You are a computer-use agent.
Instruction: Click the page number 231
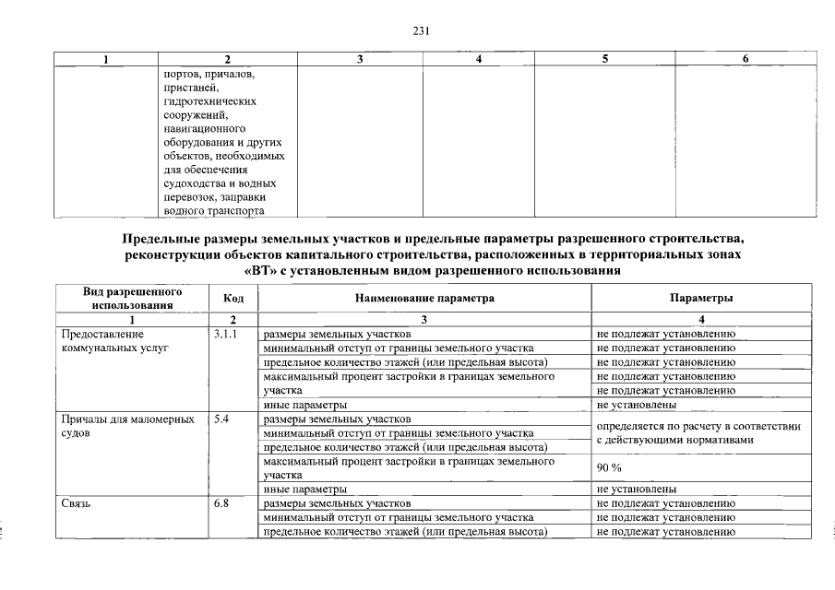[x=421, y=29]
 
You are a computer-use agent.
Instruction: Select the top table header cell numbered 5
[x=604, y=59]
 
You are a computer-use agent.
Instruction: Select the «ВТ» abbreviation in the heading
[x=262, y=270]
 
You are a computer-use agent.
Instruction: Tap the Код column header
[x=233, y=298]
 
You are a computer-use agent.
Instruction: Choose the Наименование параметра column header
[x=423, y=298]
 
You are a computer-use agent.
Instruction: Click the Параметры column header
[x=701, y=298]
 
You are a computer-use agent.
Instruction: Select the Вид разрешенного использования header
[x=132, y=298]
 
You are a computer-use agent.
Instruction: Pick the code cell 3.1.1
[x=226, y=334]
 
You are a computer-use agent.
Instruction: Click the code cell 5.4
[x=221, y=419]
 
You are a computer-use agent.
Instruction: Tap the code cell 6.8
[x=221, y=503]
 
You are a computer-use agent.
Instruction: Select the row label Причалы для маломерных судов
[x=125, y=426]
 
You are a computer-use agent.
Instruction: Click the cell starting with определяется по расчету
[x=698, y=433]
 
